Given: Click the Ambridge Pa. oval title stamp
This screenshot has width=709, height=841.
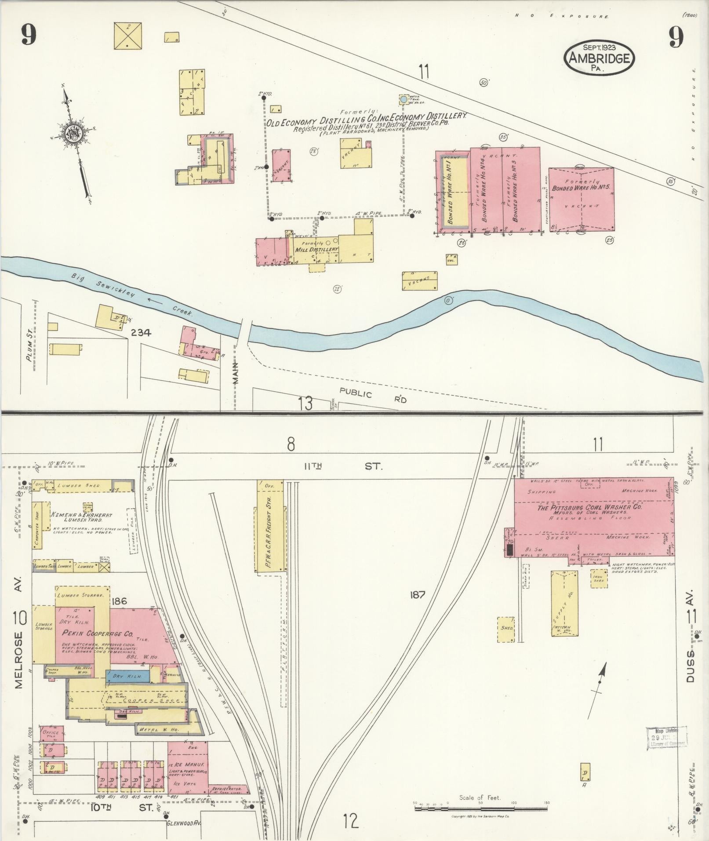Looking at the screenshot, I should (599, 58).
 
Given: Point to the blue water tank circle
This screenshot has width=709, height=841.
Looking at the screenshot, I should (403, 100).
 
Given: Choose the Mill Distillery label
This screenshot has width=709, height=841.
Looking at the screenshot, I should (317, 249).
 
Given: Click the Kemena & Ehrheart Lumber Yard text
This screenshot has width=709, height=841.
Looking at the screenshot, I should (82, 517).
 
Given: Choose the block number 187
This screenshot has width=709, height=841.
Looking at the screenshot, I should (417, 595).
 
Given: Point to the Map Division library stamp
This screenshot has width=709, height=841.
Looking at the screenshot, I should (666, 737).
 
